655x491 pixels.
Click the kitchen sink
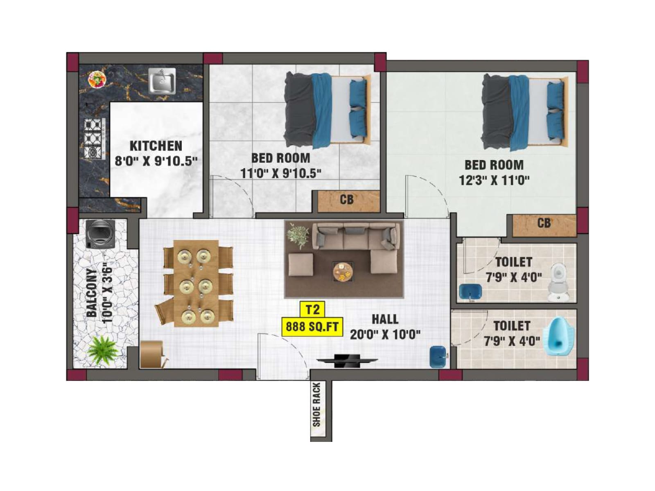(162, 81)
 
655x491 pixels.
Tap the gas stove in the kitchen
(94, 139)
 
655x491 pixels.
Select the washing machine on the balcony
(100, 234)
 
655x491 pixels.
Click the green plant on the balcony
(103, 350)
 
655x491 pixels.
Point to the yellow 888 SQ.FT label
(312, 327)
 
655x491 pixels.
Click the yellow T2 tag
(312, 309)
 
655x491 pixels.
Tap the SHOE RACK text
(316, 405)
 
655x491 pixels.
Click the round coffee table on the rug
(343, 271)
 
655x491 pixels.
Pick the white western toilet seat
(558, 282)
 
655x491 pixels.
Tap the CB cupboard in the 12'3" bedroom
(544, 224)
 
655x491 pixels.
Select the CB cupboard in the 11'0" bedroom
(347, 200)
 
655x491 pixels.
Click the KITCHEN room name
(156, 146)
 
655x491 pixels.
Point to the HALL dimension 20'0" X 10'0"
(385, 335)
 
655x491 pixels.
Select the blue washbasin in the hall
(437, 357)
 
